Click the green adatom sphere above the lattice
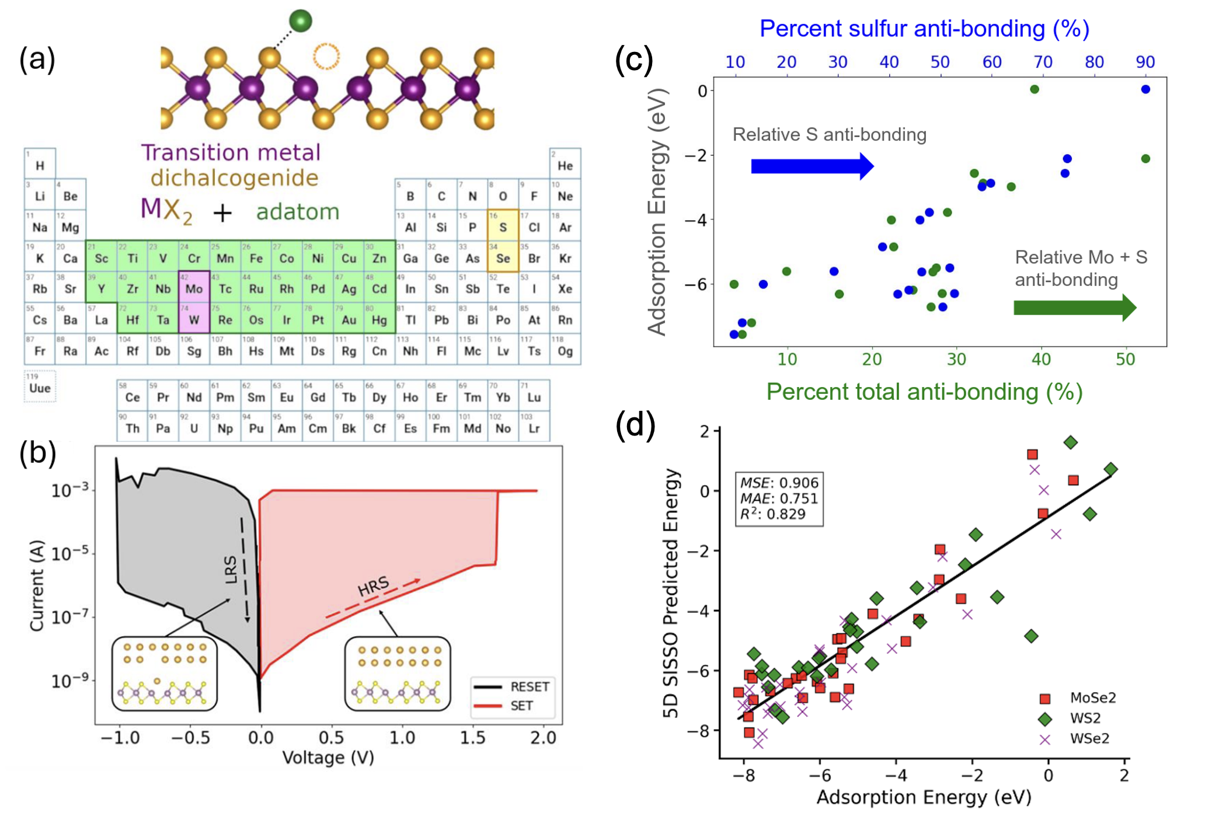coord(301,21)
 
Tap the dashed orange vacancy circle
coord(326,57)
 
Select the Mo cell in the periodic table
coord(194,287)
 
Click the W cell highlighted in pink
coord(194,318)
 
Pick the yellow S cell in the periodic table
coord(503,225)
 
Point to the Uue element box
coord(40,386)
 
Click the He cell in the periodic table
coord(565,163)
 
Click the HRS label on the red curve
coord(373,586)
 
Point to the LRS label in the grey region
coord(231,570)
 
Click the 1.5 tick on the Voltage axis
coord(472,738)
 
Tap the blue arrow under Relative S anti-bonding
coord(812,166)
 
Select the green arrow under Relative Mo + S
coord(1074,308)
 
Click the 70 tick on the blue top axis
coord(1043,62)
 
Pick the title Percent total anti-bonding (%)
coord(924,392)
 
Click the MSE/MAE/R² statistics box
coord(779,498)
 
